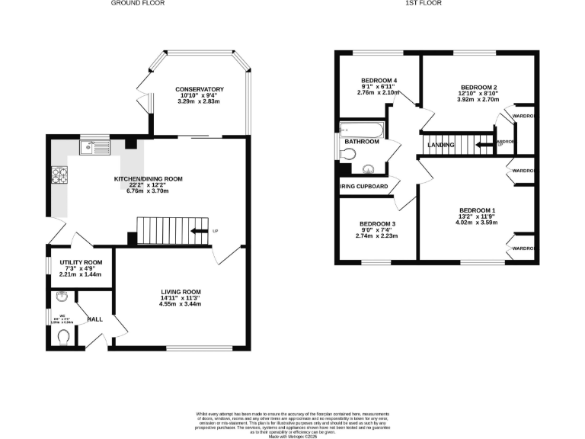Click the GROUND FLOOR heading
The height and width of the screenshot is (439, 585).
click(x=138, y=3)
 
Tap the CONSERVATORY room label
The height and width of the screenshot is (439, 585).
click(x=199, y=89)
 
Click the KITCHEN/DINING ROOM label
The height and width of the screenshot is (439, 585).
click(x=149, y=178)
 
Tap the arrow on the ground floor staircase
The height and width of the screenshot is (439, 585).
click(x=200, y=231)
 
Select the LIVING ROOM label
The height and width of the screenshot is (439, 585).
click(x=181, y=292)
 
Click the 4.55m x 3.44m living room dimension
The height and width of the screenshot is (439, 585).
click(x=181, y=305)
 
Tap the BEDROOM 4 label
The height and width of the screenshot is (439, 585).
click(x=379, y=81)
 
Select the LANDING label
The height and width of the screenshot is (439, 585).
click(x=441, y=145)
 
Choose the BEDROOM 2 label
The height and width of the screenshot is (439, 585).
click(x=478, y=88)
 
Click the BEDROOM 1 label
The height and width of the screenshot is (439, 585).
click(x=477, y=210)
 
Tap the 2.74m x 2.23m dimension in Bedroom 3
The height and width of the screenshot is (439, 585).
click(x=379, y=236)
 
